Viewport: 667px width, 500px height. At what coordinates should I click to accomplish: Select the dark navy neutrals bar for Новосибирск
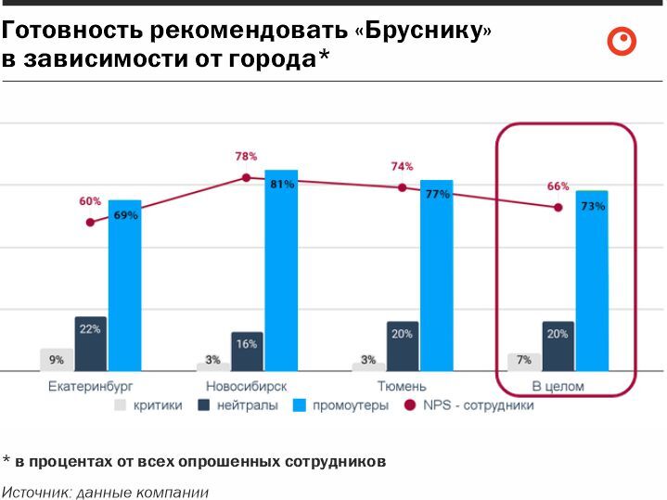(x=247, y=352)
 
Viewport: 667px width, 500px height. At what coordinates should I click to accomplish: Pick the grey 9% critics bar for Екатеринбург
(x=57, y=360)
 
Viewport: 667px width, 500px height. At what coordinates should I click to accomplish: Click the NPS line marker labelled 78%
(x=246, y=177)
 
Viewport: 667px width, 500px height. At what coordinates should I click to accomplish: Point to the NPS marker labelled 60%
(x=90, y=223)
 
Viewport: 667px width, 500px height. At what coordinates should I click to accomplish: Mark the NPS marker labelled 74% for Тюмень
(x=402, y=187)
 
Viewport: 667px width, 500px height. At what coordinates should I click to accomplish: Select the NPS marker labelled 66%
(x=558, y=208)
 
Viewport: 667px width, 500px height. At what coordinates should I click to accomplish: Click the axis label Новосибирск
(x=246, y=386)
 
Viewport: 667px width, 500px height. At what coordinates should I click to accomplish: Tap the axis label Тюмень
(x=402, y=386)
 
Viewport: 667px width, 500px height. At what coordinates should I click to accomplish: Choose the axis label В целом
(x=558, y=386)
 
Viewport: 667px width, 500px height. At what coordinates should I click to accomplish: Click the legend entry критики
(x=149, y=405)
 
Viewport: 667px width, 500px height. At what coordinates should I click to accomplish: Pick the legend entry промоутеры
(x=349, y=405)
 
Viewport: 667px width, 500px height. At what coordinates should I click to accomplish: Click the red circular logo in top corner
(x=622, y=42)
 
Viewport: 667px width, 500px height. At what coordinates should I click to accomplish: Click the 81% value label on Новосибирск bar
(x=282, y=185)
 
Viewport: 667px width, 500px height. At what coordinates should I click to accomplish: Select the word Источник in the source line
(x=35, y=492)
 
